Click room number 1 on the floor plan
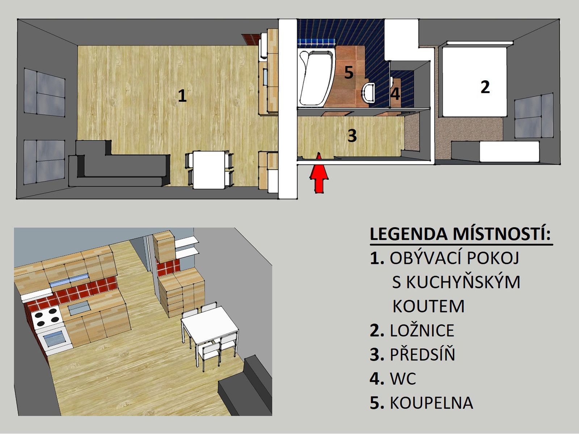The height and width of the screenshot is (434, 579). (x=182, y=95)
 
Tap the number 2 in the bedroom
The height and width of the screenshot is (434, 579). (x=485, y=87)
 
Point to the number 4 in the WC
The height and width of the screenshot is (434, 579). (x=395, y=94)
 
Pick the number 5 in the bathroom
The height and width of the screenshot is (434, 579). (x=349, y=72)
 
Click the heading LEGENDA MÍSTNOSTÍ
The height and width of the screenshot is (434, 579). (x=460, y=234)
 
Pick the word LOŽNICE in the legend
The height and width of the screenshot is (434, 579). (x=422, y=331)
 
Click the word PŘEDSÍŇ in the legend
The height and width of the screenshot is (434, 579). (x=423, y=354)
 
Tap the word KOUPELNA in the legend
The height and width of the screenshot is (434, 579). (x=432, y=403)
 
